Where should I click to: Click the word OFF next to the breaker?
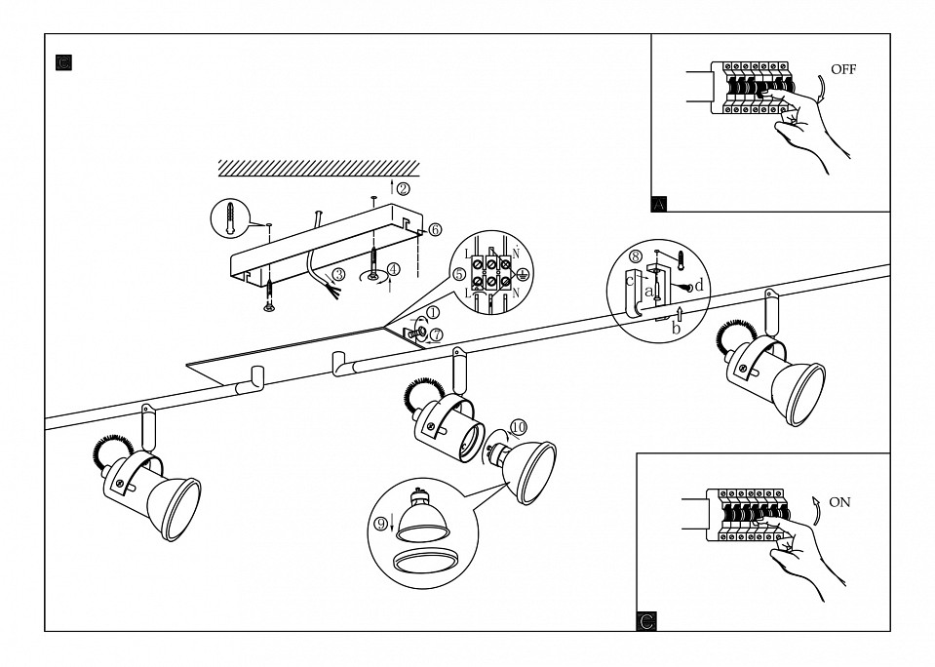(842, 70)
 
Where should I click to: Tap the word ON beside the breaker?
(838, 502)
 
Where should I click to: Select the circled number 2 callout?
(403, 188)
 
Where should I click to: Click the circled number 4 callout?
(393, 268)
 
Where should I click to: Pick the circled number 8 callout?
(636, 256)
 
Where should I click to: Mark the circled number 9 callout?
(380, 523)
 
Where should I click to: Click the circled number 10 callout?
(518, 426)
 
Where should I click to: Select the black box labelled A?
(659, 204)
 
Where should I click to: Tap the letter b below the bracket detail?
(676, 328)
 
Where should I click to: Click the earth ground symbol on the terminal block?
(522, 275)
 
